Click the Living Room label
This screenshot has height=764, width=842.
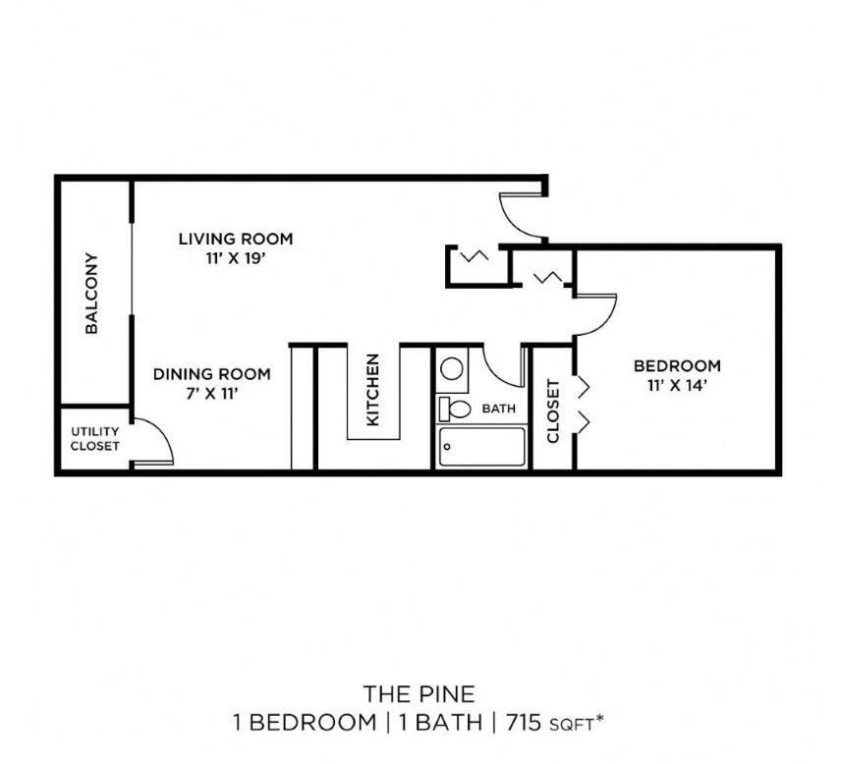coord(235,239)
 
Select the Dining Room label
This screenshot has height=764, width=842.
coord(211,374)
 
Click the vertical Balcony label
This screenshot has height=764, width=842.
coord(92,295)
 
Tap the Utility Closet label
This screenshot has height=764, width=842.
coord(94,438)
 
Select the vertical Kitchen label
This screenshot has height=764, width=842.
coord(373,390)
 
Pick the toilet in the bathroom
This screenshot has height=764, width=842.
coord(456,408)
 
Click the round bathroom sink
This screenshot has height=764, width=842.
coord(452,370)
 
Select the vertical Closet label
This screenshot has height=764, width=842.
coord(552,410)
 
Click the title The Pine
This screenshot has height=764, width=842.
coord(420,694)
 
